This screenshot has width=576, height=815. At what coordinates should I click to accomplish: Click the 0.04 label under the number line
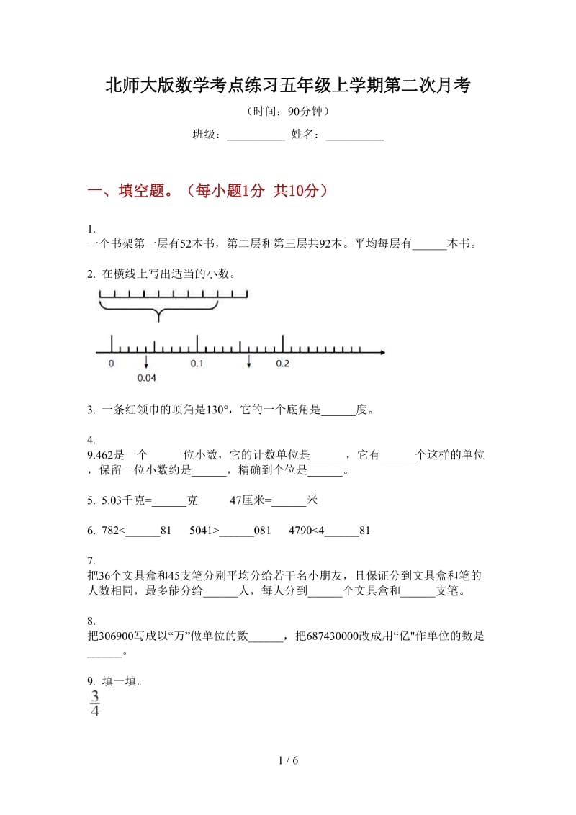click(x=147, y=377)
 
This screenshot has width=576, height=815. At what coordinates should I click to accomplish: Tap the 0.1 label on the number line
click(x=197, y=364)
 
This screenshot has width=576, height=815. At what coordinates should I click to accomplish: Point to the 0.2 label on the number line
click(x=282, y=364)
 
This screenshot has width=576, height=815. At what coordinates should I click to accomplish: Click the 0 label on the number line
click(x=111, y=364)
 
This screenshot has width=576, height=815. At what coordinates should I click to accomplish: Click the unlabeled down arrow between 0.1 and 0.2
click(x=249, y=361)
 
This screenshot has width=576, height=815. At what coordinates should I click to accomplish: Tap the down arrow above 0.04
click(x=147, y=361)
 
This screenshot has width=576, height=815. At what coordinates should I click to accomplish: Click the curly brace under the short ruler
click(x=158, y=312)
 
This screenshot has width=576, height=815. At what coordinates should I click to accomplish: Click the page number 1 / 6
click(x=287, y=760)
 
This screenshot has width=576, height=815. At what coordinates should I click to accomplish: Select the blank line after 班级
click(x=256, y=135)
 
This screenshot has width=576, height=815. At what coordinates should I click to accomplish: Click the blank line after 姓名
click(x=354, y=135)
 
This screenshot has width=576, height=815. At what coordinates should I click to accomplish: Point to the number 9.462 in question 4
click(x=101, y=454)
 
